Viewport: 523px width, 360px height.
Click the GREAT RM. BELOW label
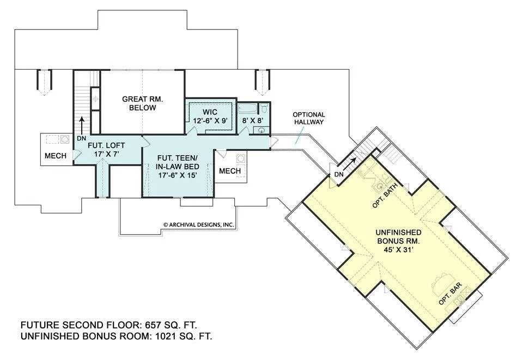tap(142, 103)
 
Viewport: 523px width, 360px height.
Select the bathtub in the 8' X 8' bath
tap(247, 109)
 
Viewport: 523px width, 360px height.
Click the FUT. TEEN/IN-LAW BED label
tap(178, 166)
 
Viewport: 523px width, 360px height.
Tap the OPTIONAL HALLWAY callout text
tap(309, 118)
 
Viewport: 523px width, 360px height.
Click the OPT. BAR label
tap(451, 294)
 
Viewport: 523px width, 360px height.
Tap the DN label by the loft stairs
tap(81, 138)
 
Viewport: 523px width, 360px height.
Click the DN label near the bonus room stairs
tap(338, 174)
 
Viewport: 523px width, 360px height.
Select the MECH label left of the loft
tap(56, 156)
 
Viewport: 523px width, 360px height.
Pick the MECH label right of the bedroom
tap(230, 171)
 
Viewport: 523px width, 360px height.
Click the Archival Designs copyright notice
tap(199, 225)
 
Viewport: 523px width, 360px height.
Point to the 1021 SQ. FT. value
tap(184, 336)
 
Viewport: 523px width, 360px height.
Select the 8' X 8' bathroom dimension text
tap(253, 120)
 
